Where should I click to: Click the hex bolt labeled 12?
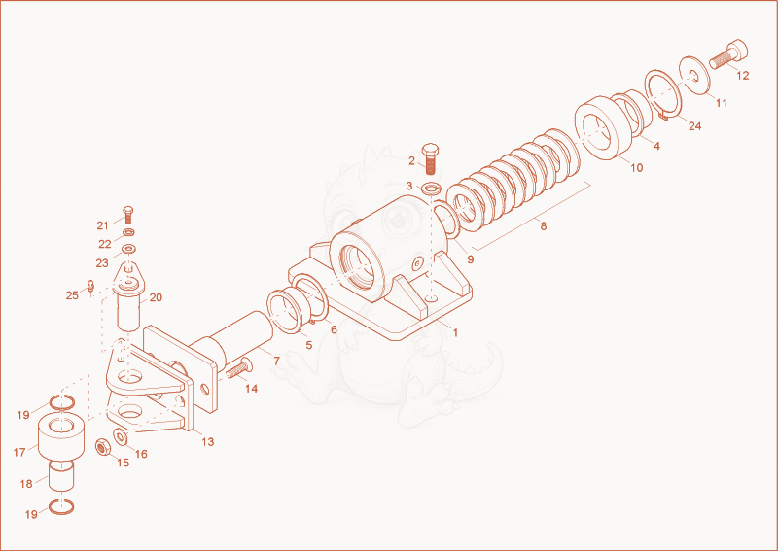coord(728,54)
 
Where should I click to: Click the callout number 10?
coord(637,167)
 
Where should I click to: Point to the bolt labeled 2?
coord(430,158)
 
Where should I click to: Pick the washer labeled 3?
coord(431,189)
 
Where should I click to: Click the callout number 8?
coord(544,226)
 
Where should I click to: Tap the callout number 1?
coord(455,332)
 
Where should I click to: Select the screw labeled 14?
coord(239,368)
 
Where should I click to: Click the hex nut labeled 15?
coord(102,448)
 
